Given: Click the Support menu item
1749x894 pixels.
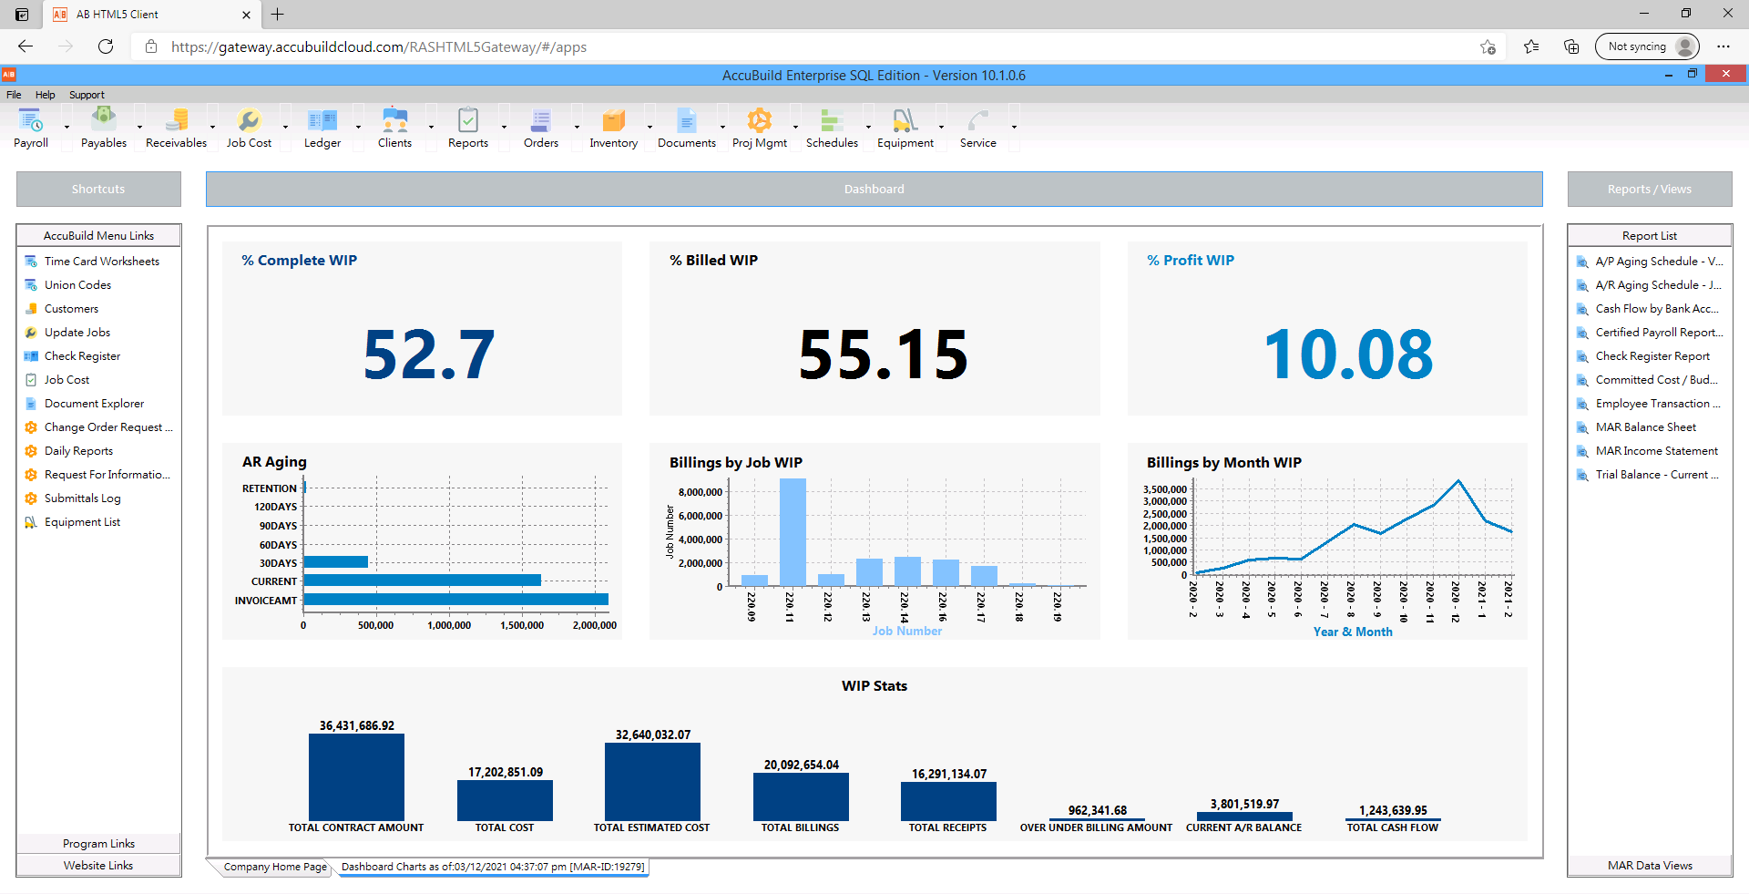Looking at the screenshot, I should (x=87, y=95).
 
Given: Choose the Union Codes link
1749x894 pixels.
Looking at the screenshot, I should (x=77, y=285).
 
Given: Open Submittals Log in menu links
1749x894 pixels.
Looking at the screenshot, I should (x=82, y=498).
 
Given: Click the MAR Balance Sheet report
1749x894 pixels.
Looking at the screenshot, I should (x=1645, y=427).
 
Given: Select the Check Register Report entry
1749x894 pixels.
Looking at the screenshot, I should (x=1652, y=356).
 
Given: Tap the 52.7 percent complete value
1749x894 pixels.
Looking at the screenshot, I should (x=428, y=355).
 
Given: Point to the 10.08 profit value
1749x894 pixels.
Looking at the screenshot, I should (x=1347, y=355).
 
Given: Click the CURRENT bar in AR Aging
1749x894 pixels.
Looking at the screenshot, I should (x=422, y=581).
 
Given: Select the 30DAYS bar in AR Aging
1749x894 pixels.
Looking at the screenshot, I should (x=335, y=562).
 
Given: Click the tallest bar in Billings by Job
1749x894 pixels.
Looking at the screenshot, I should (x=793, y=531).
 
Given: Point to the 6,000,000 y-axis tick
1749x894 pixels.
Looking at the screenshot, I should (x=700, y=516).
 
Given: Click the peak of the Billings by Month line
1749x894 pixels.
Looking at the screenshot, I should (x=1458, y=480).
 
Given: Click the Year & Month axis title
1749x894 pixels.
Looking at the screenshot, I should (x=1352, y=632).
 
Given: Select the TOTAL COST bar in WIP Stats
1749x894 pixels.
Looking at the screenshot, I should (x=505, y=800).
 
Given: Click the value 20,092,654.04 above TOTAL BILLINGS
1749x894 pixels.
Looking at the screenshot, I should (x=801, y=765).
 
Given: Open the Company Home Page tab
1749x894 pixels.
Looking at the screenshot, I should (x=274, y=867).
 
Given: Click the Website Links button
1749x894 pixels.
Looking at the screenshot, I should (x=98, y=866).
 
